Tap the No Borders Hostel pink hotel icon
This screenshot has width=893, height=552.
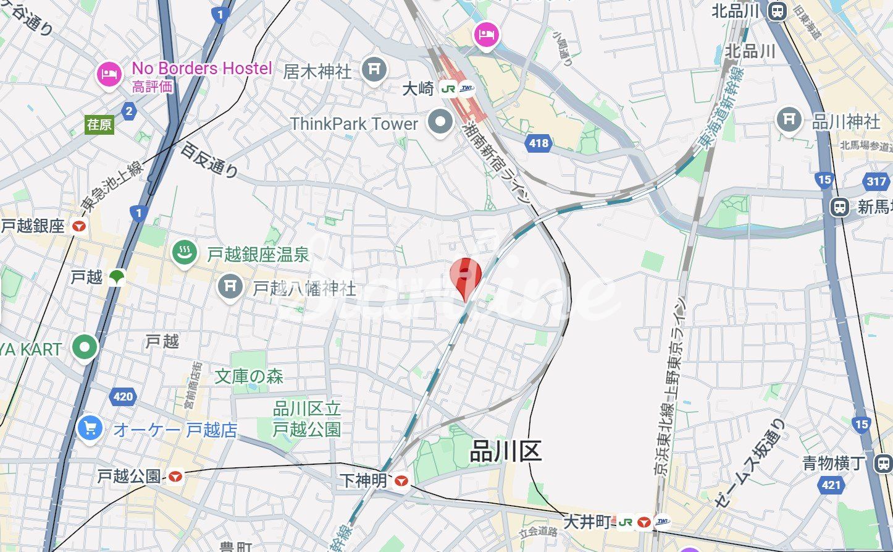109,75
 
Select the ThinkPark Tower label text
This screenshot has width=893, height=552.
354,124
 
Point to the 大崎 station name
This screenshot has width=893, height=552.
418,89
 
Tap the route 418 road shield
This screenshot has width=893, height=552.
539,143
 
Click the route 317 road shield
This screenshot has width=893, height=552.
876,181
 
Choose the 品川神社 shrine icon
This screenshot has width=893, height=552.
789,119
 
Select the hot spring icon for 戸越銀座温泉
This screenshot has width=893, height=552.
184,253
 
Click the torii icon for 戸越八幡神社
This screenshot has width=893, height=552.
230,286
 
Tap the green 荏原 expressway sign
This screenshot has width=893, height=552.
99,125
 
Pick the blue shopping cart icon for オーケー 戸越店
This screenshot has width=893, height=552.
90,428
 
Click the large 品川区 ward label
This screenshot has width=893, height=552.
505,451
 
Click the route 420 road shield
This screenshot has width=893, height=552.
122,396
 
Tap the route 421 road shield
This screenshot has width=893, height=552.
831,485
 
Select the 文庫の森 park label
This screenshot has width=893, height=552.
249,376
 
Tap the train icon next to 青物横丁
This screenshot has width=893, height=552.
884,464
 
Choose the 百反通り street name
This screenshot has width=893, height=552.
209,160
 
